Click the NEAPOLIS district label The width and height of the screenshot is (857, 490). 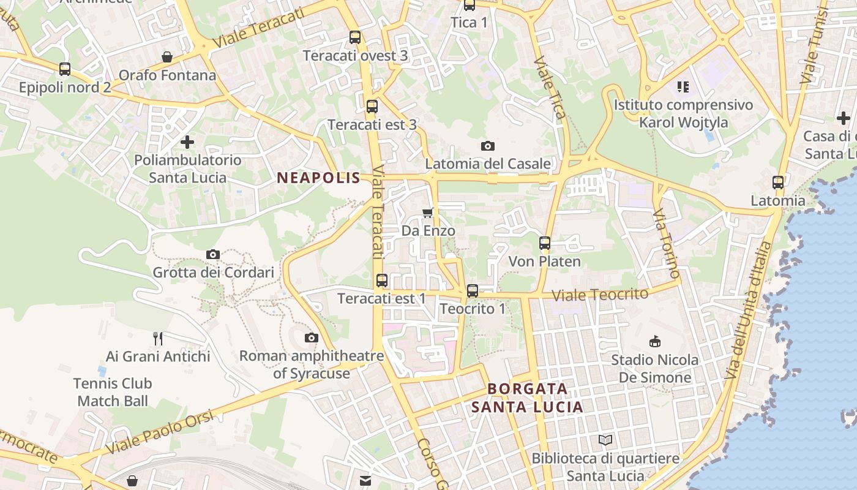click(318, 178)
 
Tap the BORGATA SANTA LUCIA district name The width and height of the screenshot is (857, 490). click(527, 398)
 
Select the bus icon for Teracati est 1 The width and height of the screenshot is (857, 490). click(382, 281)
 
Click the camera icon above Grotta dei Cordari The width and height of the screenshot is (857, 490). click(213, 254)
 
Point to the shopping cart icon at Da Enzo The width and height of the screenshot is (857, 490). click(428, 213)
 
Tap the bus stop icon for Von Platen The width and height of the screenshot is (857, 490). click(545, 243)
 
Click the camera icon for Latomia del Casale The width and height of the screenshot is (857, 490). click(488, 146)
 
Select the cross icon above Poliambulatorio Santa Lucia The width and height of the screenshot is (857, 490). click(187, 142)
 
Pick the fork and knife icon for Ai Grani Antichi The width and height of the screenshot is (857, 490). click(158, 338)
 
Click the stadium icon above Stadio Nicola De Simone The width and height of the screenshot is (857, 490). click(654, 341)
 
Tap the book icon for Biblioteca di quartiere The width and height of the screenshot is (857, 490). click(605, 440)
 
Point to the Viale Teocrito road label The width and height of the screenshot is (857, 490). click(600, 295)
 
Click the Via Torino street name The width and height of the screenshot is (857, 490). click(667, 243)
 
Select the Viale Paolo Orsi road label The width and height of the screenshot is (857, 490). click(160, 432)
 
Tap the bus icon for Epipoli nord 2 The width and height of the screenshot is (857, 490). click(65, 69)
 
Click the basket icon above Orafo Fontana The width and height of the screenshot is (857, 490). click(167, 57)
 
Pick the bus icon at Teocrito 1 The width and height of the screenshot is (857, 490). click(472, 291)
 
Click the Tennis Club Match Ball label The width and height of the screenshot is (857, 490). click(113, 393)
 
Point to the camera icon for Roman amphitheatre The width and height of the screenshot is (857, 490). click(312, 337)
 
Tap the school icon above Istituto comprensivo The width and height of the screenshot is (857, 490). click(683, 87)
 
